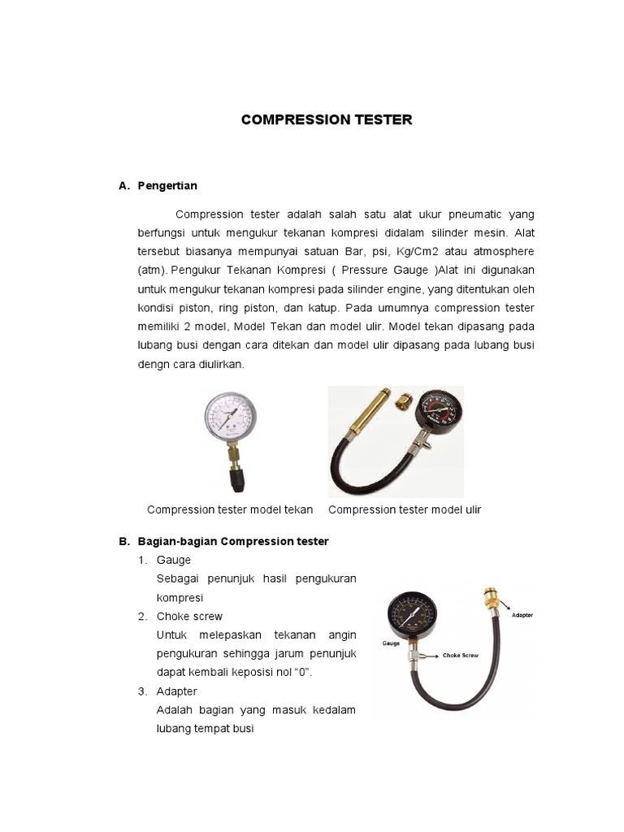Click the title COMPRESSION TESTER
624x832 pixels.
pos(327,119)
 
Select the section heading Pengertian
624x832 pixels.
pos(167,186)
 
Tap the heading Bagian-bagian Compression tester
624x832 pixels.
pos(233,541)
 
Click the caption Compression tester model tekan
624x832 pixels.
pos(230,509)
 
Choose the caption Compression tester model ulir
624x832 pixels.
pos(405,509)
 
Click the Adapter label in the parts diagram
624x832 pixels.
pos(522,615)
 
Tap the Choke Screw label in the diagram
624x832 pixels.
pos(461,656)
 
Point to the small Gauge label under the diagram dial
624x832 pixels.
pos(391,643)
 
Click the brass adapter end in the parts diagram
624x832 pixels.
pos(492,598)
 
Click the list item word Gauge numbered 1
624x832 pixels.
pos(174,560)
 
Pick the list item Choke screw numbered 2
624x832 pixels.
pos(189,616)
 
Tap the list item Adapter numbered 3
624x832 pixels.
pos(176,691)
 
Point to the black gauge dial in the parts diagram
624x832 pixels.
pos(412,616)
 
